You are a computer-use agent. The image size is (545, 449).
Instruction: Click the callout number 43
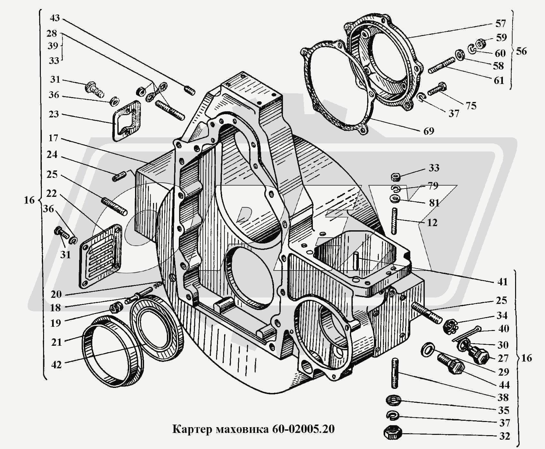[x=55, y=18]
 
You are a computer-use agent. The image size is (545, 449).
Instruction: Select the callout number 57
[x=501, y=23]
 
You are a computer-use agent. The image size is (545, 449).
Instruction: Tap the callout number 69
[x=429, y=131]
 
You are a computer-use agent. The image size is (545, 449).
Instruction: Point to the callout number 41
[x=502, y=282]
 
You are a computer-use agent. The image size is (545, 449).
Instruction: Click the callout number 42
[x=56, y=365]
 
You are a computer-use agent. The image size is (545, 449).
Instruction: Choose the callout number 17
[x=53, y=138]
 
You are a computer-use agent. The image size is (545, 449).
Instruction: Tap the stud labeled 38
[x=395, y=373]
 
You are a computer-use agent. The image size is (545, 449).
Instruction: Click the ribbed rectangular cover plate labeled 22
[x=100, y=256]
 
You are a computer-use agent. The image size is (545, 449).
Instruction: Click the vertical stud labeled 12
[x=395, y=221]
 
